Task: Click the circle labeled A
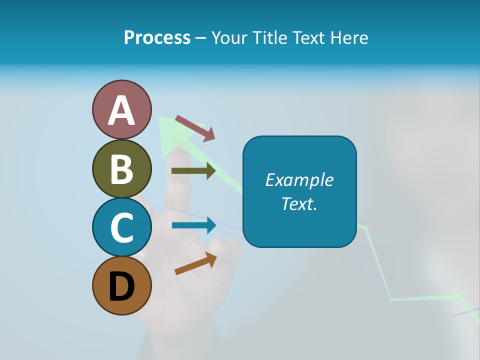pyautogui.click(x=122, y=109)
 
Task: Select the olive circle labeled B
pyautogui.click(x=122, y=169)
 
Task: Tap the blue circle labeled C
pyautogui.click(x=122, y=227)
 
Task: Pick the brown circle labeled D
pyautogui.click(x=122, y=285)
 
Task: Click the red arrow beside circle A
pyautogui.click(x=195, y=128)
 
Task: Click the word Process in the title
pyautogui.click(x=157, y=38)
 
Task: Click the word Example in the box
pyautogui.click(x=299, y=180)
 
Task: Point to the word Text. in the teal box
pyautogui.click(x=299, y=203)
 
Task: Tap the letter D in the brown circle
pyautogui.click(x=122, y=286)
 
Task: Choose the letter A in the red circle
pyautogui.click(x=122, y=110)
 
